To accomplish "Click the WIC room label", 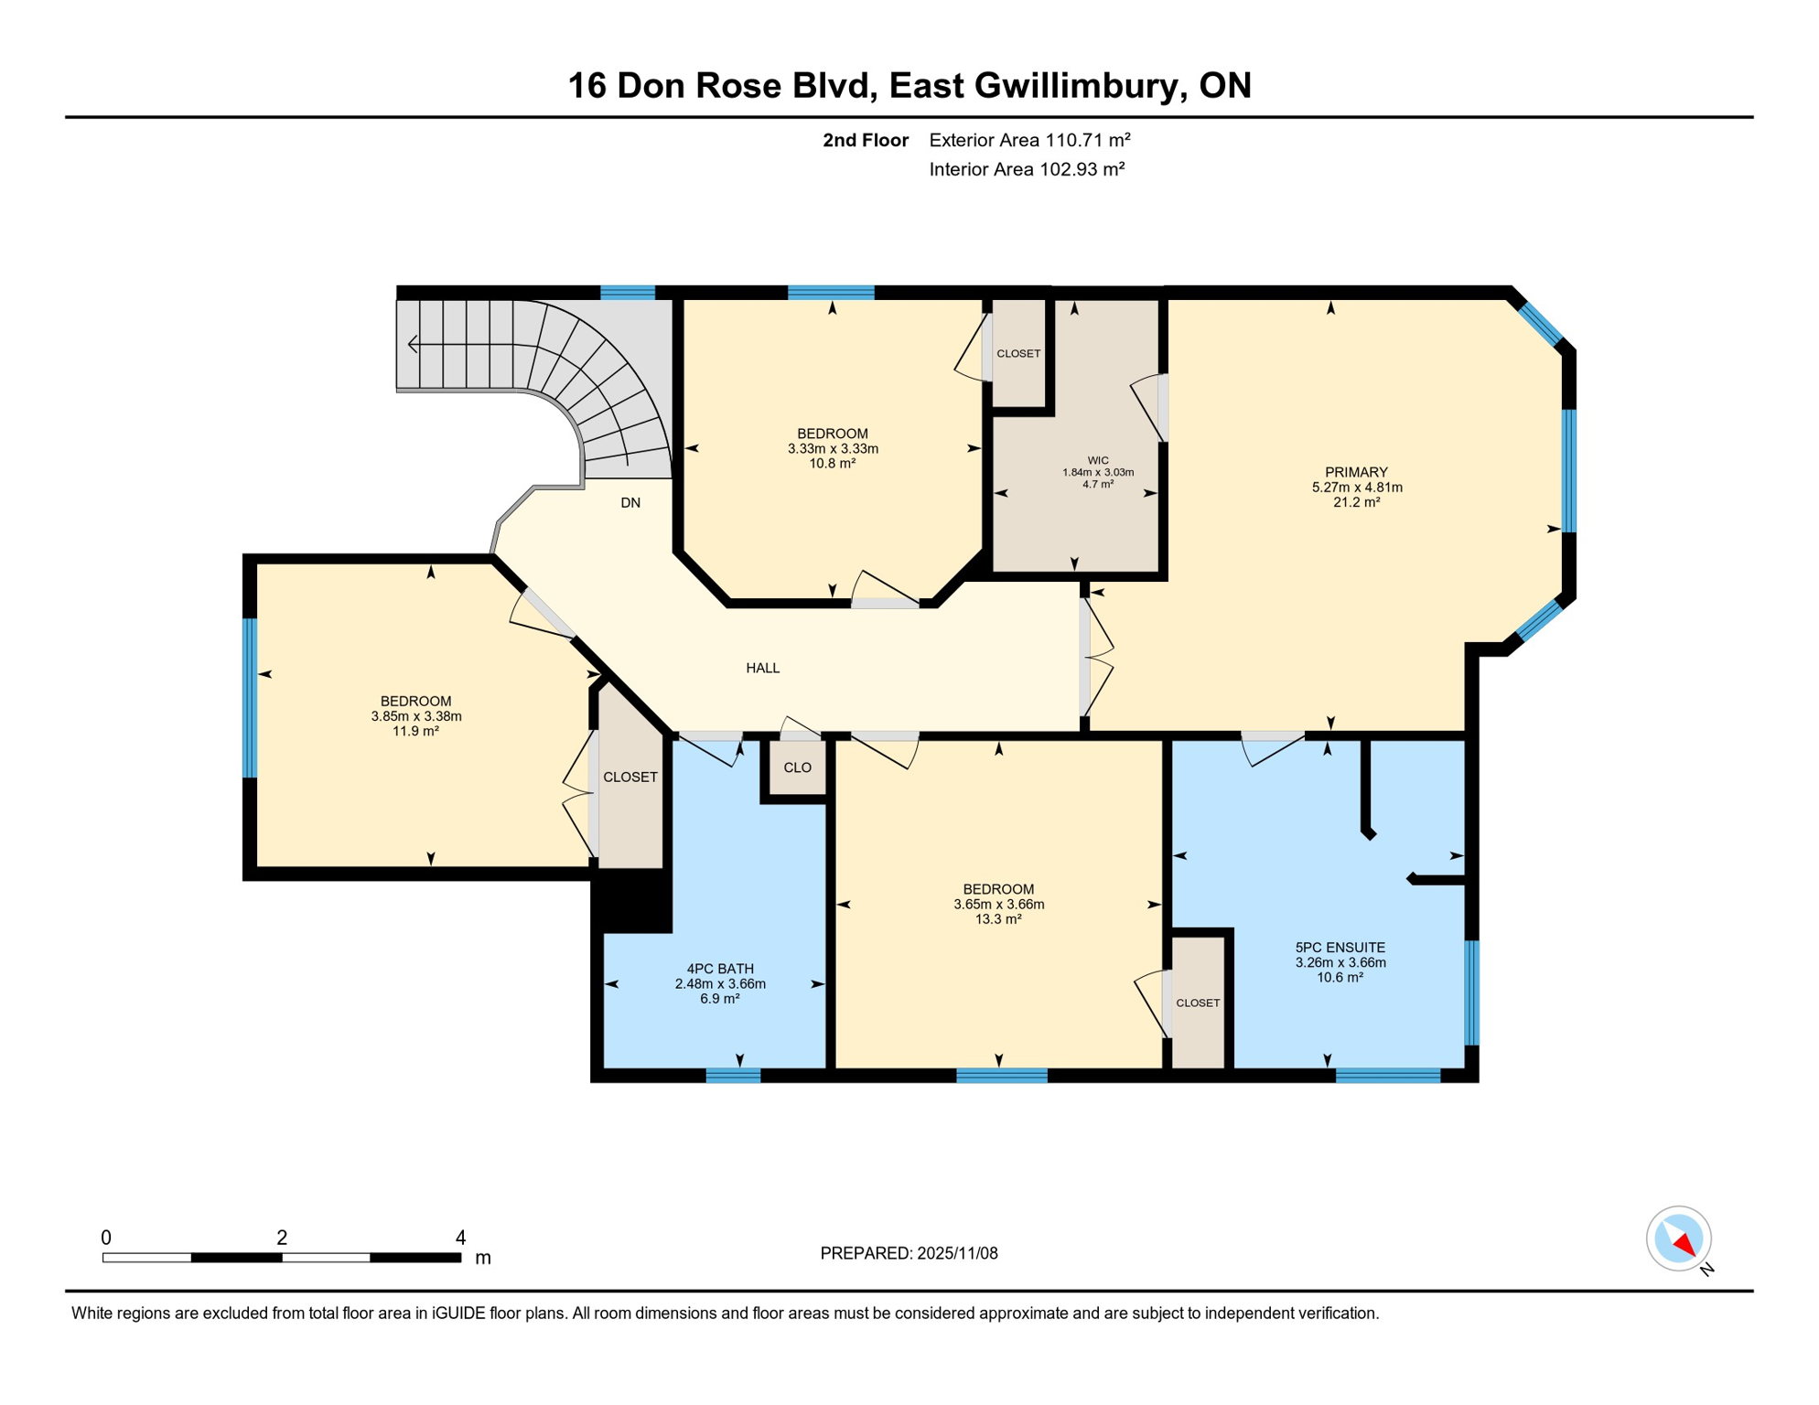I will coord(1098,461).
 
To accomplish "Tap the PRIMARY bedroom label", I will coord(1356,473).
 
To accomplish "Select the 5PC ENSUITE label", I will coord(1340,948).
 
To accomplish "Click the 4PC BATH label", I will coord(720,969).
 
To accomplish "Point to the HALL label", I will coord(763,669).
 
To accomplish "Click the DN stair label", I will coord(630,503).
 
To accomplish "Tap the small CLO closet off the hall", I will coord(797,768).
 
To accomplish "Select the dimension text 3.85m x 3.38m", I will coord(416,717).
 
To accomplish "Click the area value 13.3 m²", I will coord(998,919).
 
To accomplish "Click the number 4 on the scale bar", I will coord(460,1238).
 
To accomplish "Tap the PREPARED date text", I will coord(909,1254).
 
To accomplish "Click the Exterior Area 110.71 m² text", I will coord(1029,140).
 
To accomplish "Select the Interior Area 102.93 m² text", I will coord(1027,169).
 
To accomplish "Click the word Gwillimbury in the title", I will coord(1076,86).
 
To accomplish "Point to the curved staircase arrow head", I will coord(413,345).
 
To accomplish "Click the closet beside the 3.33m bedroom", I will coord(1018,354).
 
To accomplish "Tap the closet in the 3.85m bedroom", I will coord(630,778).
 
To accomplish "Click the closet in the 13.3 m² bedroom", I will coord(1198,1003).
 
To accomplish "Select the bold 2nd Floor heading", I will coord(865,140).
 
